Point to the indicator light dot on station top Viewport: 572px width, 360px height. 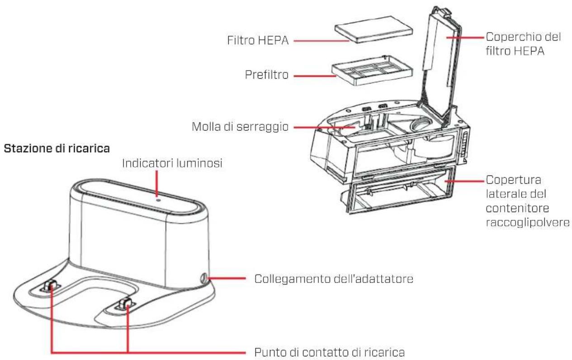click(156, 197)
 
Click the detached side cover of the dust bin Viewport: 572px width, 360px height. click(398, 199)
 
